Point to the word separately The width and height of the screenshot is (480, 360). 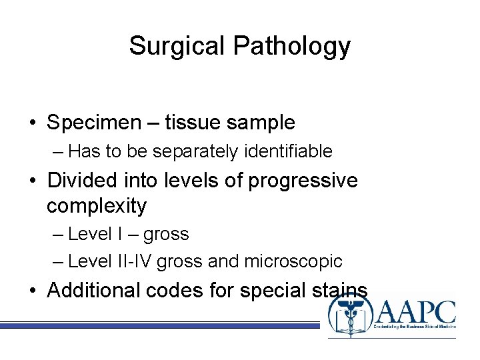(x=195, y=152)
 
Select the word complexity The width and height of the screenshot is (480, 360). (x=96, y=206)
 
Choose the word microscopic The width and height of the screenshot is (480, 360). (x=292, y=262)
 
